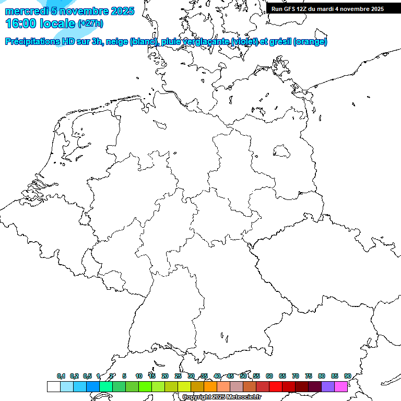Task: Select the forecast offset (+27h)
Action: pos(90,23)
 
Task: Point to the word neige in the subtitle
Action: pos(118,42)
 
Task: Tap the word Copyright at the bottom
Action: pos(196,397)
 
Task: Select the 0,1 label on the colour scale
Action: pos(61,376)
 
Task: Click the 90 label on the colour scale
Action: pos(347,376)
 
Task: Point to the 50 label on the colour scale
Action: pos(243,376)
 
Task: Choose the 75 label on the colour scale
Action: pos(309,376)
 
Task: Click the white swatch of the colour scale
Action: pos(53,386)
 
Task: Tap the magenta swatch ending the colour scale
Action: pos(341,386)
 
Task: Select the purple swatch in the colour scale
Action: pos(328,386)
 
